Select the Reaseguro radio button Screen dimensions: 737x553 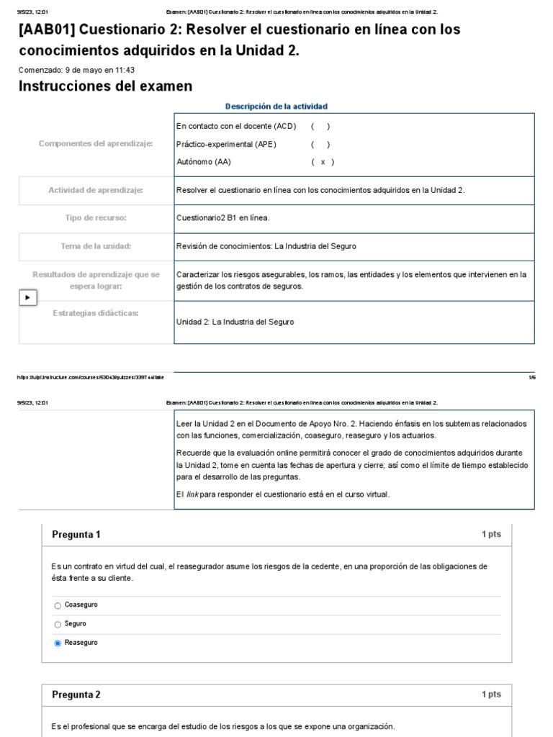point(58,643)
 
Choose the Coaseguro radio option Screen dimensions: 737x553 point(58,605)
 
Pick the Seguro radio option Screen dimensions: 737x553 point(58,624)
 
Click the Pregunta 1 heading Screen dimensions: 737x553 point(76,534)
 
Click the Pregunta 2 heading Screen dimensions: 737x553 point(76,695)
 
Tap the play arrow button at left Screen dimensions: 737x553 point(27,297)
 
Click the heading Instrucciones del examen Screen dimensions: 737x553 point(105,86)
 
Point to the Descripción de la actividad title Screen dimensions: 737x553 point(276,107)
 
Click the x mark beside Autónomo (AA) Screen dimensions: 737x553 point(323,162)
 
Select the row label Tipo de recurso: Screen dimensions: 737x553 point(96,217)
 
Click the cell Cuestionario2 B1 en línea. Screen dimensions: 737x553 point(223,217)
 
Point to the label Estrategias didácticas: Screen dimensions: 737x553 point(96,313)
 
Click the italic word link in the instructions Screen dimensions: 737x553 point(192,494)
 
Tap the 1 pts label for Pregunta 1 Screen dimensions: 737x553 point(491,534)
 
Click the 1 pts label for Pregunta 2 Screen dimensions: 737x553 point(491,695)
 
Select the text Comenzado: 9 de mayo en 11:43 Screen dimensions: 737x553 point(76,71)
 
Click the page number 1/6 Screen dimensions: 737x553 point(532,376)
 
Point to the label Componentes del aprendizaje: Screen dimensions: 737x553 point(96,144)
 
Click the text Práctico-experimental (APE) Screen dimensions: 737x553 point(226,144)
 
